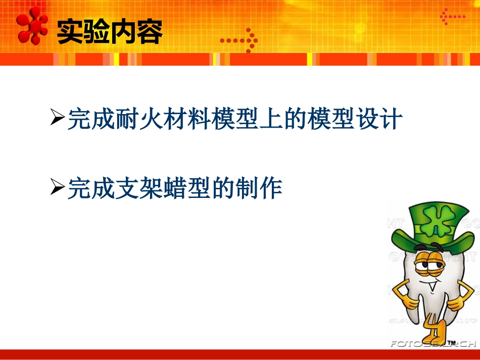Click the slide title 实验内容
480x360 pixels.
tap(110, 32)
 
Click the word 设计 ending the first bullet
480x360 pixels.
tap(382, 120)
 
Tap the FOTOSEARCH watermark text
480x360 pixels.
tap(433, 344)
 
